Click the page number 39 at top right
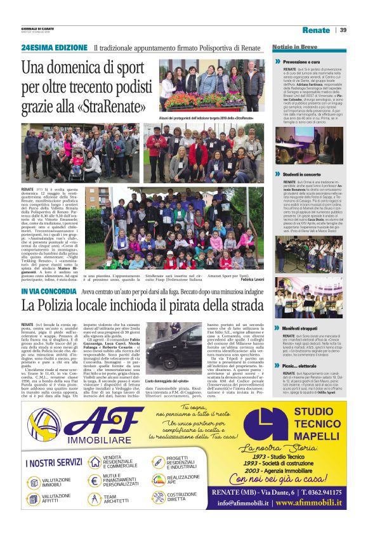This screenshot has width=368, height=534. point(343,30)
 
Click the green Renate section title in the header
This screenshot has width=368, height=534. point(316,30)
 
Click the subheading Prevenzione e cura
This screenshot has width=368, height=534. point(306,61)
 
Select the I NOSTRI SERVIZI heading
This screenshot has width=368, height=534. point(54,462)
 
